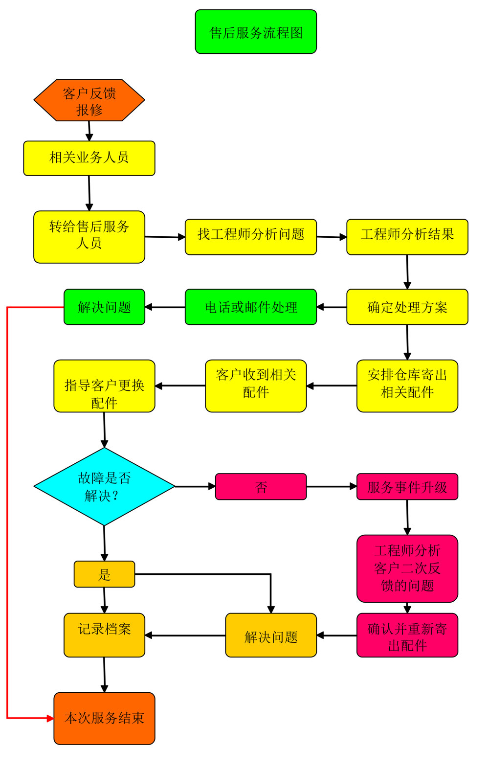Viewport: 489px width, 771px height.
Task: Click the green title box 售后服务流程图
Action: click(256, 32)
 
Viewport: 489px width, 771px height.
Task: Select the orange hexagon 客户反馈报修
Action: click(89, 100)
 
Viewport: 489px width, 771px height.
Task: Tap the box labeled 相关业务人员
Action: click(89, 158)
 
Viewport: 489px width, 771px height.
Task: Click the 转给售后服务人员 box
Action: click(89, 237)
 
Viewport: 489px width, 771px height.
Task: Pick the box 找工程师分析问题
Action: click(251, 237)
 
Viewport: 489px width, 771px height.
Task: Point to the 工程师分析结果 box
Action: click(407, 237)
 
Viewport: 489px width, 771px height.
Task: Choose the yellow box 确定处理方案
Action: click(407, 307)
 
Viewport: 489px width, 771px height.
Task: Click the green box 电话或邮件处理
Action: click(251, 307)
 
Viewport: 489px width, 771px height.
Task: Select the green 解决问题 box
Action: click(104, 307)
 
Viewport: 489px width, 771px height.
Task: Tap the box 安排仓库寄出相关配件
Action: click(407, 386)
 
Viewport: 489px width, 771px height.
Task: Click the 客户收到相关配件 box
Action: click(256, 386)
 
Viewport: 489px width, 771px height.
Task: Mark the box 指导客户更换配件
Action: click(104, 386)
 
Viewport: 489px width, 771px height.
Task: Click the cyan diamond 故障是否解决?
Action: click(104, 486)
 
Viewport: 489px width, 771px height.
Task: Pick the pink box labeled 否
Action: click(261, 486)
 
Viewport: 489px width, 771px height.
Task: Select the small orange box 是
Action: click(104, 574)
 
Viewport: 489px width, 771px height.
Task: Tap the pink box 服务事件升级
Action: click(407, 486)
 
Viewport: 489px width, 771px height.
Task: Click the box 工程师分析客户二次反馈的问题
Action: click(407, 568)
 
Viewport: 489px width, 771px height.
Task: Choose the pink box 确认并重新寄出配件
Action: click(407, 635)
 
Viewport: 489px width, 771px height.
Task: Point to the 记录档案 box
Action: click(104, 635)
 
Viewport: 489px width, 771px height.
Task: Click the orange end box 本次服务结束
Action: click(104, 718)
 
